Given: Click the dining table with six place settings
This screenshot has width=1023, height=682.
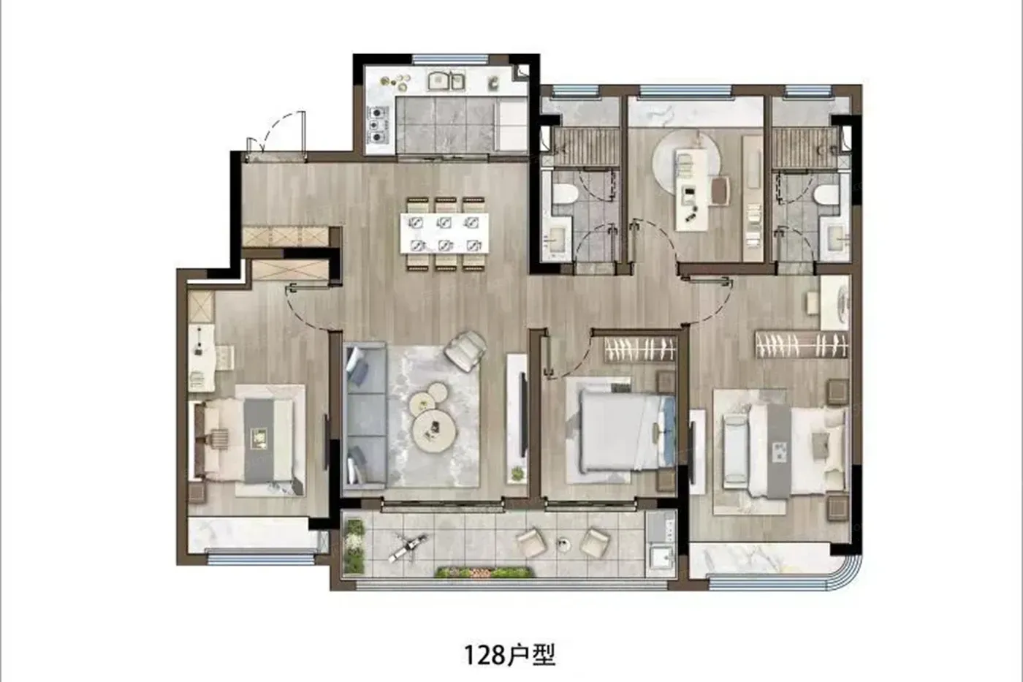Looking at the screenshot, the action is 444,233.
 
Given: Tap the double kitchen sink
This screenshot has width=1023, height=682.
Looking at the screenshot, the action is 446,81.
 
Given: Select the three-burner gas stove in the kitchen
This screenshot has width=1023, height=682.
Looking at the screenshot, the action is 379,124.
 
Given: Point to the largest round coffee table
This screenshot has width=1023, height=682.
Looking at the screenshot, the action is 435,429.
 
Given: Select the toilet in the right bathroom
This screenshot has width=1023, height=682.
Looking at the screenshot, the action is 826,194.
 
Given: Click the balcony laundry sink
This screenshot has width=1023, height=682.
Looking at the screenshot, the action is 661,558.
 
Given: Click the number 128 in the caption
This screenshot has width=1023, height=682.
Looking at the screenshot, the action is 485,656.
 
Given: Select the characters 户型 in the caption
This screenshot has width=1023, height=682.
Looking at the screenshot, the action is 531,656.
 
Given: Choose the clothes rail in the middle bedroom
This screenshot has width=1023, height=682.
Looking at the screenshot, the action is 640,349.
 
